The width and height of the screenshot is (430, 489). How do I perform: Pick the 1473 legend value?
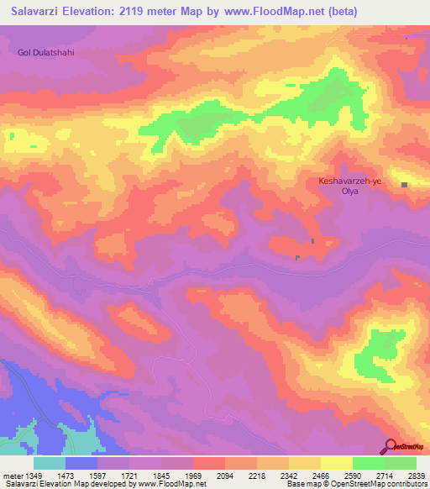(66, 475)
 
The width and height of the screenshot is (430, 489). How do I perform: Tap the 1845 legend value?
(161, 475)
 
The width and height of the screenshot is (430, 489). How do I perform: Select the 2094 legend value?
(226, 475)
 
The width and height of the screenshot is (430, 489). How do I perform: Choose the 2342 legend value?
(289, 475)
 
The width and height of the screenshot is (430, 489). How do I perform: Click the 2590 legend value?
(353, 475)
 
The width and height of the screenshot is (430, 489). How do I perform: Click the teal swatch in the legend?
(50, 463)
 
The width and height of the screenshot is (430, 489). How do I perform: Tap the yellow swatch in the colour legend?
(336, 463)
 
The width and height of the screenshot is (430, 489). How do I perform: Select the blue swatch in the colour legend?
(81, 463)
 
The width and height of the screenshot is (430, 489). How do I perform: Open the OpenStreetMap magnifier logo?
(389, 447)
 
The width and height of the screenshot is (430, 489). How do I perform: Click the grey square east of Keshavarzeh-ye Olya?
(404, 185)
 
